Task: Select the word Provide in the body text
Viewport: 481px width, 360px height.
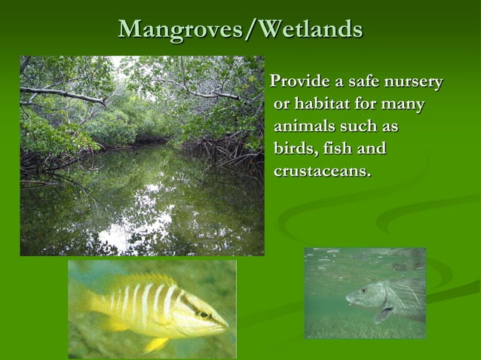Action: click(301, 81)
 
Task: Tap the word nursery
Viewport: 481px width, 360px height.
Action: click(413, 81)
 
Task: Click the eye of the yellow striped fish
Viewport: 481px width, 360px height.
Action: click(202, 314)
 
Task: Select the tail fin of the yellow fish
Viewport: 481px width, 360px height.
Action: click(82, 302)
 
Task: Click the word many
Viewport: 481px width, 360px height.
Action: click(403, 104)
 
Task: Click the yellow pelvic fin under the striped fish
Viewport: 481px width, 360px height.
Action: click(155, 343)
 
